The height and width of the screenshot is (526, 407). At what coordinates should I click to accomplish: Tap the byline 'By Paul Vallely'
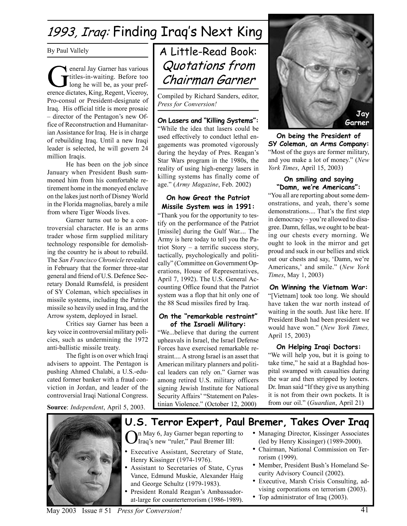point(68,51)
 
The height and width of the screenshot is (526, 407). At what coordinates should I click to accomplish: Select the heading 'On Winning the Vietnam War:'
point(319,287)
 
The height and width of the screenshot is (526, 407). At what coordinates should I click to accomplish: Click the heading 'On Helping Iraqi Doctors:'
point(319,347)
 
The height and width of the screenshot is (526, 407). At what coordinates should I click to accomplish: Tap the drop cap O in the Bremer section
point(132,438)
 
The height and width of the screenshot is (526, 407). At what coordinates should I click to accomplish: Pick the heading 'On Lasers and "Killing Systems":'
point(208,121)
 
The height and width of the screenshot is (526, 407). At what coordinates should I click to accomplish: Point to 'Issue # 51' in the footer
point(96,511)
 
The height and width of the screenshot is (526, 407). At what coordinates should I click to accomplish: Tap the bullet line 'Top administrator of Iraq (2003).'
point(303,497)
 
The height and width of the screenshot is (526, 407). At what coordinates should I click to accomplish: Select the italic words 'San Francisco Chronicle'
point(92,260)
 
